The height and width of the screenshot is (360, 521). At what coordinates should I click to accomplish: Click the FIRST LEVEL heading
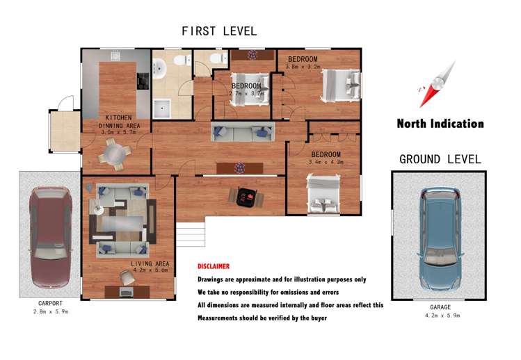click(219, 31)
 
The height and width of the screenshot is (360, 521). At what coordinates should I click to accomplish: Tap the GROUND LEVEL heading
click(440, 159)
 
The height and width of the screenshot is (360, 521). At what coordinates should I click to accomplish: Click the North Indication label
click(440, 124)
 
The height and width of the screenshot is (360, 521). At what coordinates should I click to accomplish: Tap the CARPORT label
click(50, 304)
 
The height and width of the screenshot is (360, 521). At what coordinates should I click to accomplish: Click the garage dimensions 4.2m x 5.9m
click(440, 316)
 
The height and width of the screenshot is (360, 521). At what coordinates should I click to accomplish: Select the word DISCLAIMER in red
click(214, 266)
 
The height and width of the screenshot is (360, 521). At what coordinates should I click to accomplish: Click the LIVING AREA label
click(150, 263)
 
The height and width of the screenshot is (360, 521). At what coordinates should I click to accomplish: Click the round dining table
click(114, 152)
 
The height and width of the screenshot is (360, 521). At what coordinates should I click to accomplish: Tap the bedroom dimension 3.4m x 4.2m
click(326, 163)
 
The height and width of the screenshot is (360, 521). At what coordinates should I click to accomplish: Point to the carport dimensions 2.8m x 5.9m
click(50, 312)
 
